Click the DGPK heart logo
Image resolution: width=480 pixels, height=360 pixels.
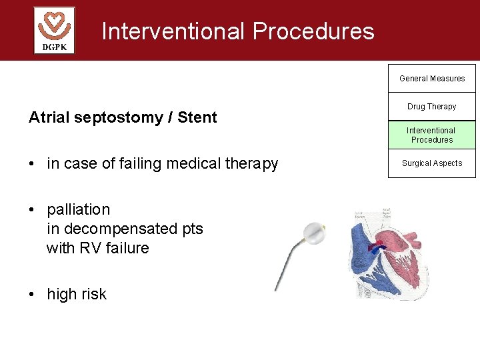(x=54, y=30)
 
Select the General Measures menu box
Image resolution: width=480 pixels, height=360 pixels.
(x=432, y=79)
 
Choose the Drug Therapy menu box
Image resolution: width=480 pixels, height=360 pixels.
(x=432, y=107)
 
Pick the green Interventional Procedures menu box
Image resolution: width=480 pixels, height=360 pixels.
(x=432, y=135)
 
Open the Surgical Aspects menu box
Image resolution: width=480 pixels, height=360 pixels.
(x=432, y=163)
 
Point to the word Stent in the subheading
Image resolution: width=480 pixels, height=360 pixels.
(x=197, y=117)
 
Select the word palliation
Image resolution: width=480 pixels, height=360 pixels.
(x=78, y=210)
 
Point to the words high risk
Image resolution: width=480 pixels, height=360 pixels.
(x=76, y=294)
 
